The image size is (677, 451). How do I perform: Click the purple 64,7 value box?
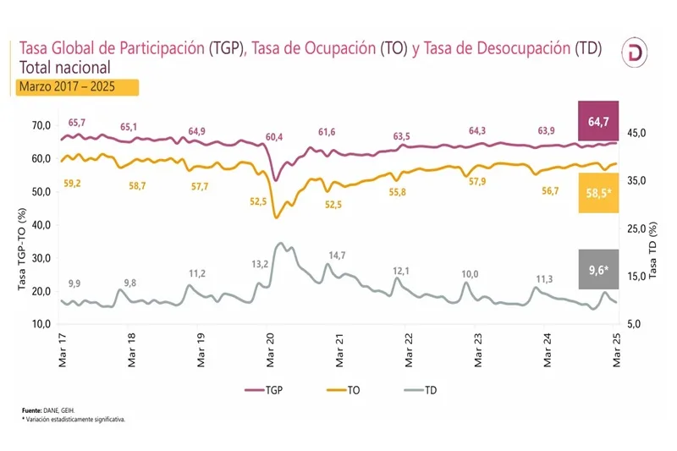(x=598, y=122)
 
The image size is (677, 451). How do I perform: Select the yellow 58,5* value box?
(x=598, y=193)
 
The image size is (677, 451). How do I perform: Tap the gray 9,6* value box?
(x=598, y=271)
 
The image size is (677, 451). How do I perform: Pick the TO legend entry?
(x=349, y=390)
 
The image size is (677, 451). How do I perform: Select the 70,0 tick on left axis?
(x=40, y=125)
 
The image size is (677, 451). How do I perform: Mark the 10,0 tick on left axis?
(x=40, y=324)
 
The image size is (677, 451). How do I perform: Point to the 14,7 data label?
(x=337, y=255)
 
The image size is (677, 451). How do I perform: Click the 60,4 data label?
(x=273, y=136)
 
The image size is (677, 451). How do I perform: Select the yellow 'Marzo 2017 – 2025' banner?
(x=77, y=86)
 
